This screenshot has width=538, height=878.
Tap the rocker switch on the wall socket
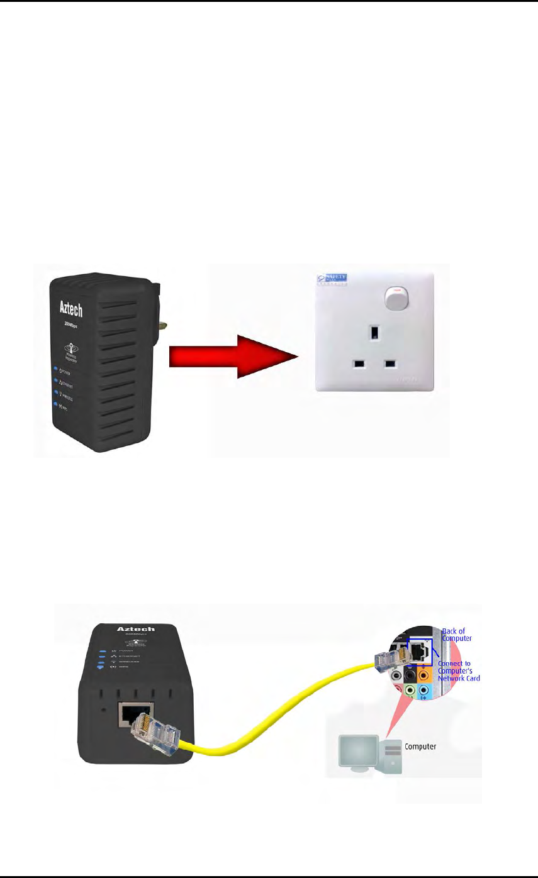pyautogui.click(x=395, y=299)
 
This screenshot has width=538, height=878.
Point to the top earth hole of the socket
pyautogui.click(x=373, y=330)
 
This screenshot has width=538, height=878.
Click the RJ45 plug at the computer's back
pyautogui.click(x=388, y=663)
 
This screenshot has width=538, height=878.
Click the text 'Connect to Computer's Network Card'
pyautogui.click(x=458, y=671)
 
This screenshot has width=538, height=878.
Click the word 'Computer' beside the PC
pyautogui.click(x=420, y=747)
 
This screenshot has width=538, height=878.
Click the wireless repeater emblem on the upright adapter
pyautogui.click(x=70, y=349)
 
